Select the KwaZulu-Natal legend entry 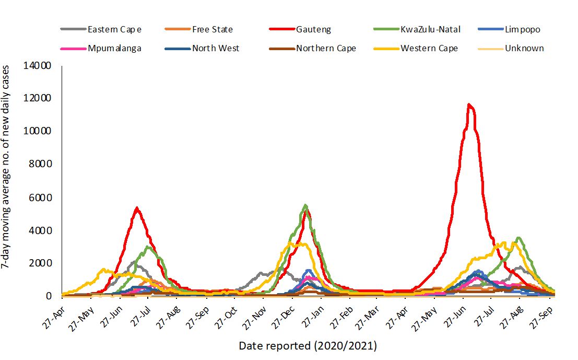click(430, 29)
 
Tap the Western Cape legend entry click(429, 48)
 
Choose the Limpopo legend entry click(522, 29)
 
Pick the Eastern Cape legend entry click(114, 29)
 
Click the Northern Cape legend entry click(326, 48)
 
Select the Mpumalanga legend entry click(114, 48)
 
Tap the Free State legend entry click(212, 29)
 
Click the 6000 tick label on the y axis click(42, 197)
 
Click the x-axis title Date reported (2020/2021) click(308, 345)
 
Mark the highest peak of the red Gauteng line click(469, 105)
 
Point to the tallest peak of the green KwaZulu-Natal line click(305, 205)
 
